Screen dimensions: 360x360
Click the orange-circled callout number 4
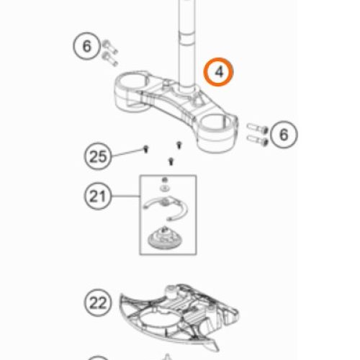218,72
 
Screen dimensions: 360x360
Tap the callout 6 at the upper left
86,46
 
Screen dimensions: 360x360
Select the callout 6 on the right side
284,135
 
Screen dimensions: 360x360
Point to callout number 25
98,156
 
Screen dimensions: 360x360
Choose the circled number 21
98,196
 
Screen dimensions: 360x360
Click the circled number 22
98,303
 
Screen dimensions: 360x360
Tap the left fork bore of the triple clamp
132,81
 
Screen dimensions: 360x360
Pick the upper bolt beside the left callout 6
110,47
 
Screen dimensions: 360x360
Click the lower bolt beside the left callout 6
110,59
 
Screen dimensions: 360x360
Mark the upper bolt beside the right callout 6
257,127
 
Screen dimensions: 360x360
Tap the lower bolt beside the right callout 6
257,140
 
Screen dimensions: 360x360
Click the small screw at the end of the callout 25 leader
145,149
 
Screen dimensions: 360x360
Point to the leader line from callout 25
127,153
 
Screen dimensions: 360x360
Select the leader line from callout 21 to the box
125,196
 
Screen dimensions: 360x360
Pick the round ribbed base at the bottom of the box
164,238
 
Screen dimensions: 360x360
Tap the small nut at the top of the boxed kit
164,180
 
